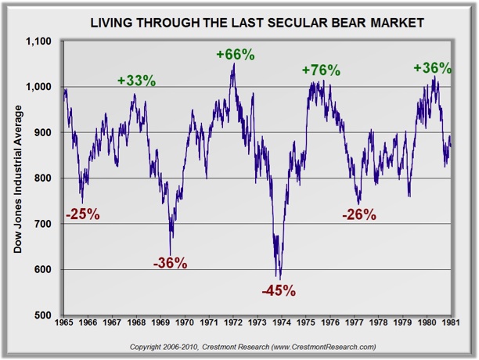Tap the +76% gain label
pyautogui.click(x=321, y=70)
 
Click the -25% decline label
pyautogui.click(x=82, y=214)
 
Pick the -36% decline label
pyautogui.click(x=171, y=264)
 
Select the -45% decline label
pyautogui.click(x=279, y=291)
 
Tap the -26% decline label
pyautogui.click(x=360, y=214)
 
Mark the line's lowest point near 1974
pyautogui.click(x=279, y=279)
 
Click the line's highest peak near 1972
pyautogui.click(x=233, y=63)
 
